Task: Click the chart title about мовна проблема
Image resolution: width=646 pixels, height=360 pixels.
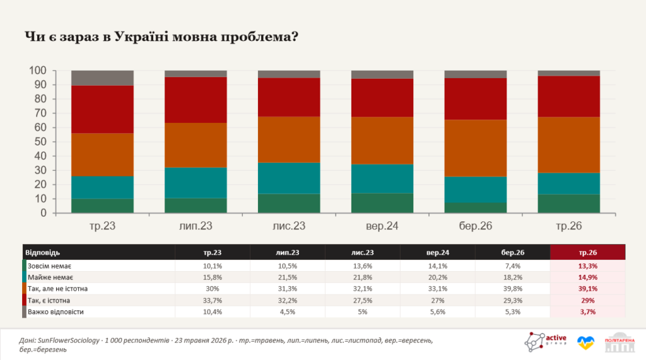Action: [161, 37]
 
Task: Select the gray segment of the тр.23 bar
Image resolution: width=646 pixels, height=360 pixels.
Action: [102, 78]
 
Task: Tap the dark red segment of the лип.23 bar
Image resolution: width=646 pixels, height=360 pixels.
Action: [196, 100]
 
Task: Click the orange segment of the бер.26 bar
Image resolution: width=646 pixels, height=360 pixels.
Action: [476, 148]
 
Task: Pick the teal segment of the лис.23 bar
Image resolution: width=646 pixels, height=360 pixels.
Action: [289, 178]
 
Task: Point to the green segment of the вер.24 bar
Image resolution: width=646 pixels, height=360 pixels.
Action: [382, 203]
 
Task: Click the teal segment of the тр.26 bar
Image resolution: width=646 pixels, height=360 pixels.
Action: [568, 183]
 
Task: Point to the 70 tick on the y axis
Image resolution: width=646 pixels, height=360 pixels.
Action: [37, 113]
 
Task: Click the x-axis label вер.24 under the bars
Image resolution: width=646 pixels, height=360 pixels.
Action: [382, 226]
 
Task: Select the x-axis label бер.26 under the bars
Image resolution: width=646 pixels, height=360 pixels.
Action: [476, 226]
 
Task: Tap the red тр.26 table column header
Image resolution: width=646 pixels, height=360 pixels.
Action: [587, 252]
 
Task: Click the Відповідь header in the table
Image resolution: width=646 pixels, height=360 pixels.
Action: [42, 252]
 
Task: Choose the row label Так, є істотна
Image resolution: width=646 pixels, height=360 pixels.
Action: [49, 301]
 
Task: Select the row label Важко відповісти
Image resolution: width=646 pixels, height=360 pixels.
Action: [56, 312]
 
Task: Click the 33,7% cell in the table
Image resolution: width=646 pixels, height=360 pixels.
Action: [212, 301]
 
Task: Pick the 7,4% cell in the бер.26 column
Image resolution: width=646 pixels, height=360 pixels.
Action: [512, 266]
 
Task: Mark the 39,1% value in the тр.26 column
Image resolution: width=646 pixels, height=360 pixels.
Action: [588, 289]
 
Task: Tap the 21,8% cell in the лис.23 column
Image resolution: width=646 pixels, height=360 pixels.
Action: [363, 277]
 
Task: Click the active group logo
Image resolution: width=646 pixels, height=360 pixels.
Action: [546, 342]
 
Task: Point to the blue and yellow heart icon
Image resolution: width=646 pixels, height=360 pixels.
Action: [585, 342]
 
